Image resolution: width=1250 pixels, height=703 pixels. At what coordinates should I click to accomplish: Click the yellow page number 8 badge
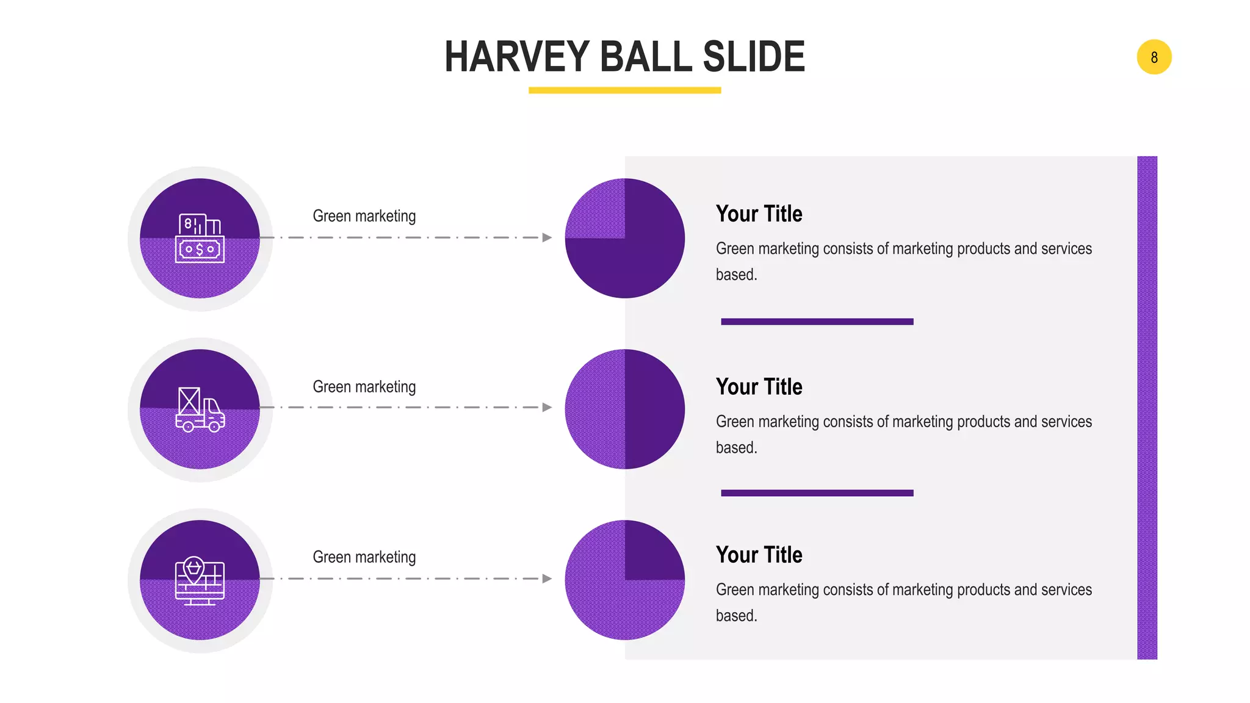[1154, 57]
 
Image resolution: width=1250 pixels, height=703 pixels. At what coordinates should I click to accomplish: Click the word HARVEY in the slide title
[516, 57]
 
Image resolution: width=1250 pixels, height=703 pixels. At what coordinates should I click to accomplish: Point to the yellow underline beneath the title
[624, 90]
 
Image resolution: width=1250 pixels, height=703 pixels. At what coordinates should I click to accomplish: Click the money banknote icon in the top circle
[200, 239]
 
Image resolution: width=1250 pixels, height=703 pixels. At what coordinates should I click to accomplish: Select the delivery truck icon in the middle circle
[200, 409]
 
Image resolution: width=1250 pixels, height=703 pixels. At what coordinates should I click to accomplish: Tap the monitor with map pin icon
[200, 580]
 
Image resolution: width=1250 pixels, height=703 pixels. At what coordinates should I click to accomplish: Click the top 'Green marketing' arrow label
[364, 216]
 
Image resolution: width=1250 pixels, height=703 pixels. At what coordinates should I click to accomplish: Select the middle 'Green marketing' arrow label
[364, 387]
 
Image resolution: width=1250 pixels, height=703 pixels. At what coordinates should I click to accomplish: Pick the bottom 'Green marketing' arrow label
[364, 557]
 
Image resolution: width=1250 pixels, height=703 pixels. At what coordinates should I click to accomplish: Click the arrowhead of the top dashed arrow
[547, 237]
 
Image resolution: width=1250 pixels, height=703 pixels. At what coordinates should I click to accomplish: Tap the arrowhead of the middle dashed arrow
[547, 407]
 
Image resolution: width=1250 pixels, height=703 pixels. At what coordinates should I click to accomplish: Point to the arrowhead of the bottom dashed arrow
[547, 579]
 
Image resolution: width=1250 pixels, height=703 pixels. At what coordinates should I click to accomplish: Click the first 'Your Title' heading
[759, 214]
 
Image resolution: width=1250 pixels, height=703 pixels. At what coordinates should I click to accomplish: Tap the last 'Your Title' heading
[759, 555]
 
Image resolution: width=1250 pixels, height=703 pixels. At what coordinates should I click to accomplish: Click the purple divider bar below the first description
[817, 322]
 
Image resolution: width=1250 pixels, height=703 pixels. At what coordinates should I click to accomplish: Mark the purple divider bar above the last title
[817, 493]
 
